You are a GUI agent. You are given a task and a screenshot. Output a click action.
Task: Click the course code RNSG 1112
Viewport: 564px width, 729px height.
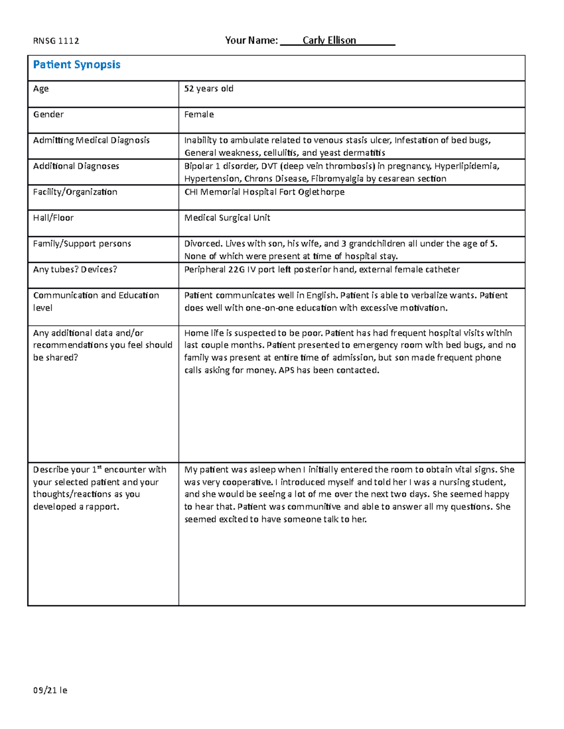(56, 41)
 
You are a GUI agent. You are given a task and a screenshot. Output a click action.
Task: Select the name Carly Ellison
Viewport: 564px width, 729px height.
(329, 40)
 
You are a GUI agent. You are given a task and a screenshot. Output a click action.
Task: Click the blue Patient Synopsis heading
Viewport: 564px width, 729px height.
(77, 65)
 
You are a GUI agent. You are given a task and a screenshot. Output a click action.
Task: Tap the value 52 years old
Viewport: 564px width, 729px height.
(209, 89)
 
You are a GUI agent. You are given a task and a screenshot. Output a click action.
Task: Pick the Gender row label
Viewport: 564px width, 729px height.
(48, 115)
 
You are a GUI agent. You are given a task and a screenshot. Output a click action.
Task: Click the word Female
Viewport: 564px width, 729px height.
(199, 115)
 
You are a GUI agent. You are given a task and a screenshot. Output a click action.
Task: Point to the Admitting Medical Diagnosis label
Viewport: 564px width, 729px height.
(91, 140)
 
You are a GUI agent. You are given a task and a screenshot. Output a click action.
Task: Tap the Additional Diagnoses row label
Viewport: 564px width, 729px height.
(76, 166)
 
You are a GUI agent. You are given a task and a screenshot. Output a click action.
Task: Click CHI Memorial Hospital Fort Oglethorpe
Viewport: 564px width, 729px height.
(264, 192)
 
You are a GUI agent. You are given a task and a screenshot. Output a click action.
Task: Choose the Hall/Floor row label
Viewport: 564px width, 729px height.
(53, 218)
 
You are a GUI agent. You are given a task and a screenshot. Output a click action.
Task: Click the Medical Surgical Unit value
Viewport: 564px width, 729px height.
(227, 218)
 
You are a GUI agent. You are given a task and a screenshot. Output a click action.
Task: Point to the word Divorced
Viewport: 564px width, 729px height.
(203, 244)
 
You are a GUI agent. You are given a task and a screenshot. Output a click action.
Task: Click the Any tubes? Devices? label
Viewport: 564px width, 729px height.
(75, 269)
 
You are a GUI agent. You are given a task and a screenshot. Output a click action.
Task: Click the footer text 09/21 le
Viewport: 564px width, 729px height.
(50, 690)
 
